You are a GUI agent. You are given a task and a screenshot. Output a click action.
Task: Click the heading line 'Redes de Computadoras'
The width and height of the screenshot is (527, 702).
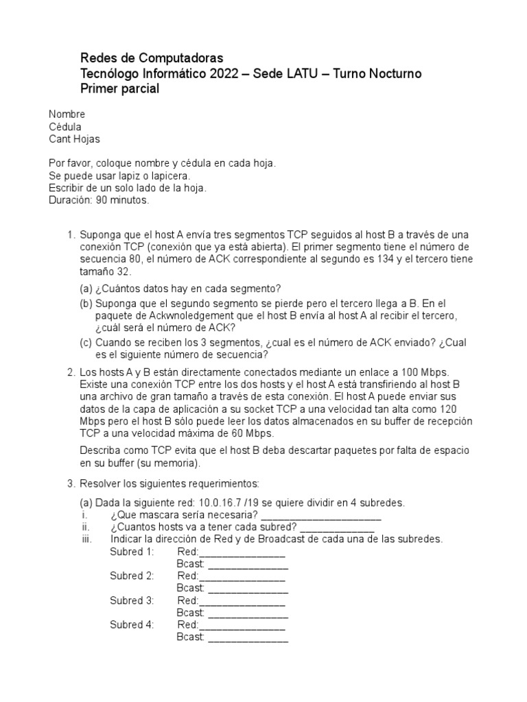[x=152, y=58]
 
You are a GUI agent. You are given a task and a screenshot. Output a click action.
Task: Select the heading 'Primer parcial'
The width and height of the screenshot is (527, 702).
[x=120, y=89]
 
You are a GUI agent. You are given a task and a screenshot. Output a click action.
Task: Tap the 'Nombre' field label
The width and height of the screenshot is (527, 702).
[x=67, y=114]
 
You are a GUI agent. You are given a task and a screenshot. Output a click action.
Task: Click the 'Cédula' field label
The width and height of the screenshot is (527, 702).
[x=65, y=127]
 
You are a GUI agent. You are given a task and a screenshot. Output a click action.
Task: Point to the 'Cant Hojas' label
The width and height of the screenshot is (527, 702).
[x=74, y=139]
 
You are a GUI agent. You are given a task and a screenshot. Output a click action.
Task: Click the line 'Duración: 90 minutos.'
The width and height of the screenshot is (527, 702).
[x=98, y=201]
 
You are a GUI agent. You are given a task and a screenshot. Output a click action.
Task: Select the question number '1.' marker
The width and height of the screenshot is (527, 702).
[x=71, y=234]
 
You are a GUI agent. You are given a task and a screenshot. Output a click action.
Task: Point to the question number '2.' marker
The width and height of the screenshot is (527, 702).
[x=71, y=372]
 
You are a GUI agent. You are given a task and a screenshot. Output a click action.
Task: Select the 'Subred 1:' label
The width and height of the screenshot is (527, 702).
[x=132, y=552]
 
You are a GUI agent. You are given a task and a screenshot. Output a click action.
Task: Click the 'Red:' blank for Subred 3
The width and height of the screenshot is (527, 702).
[x=241, y=601]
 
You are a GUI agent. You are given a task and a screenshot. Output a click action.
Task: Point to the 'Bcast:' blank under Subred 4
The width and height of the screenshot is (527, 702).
[x=248, y=637]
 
